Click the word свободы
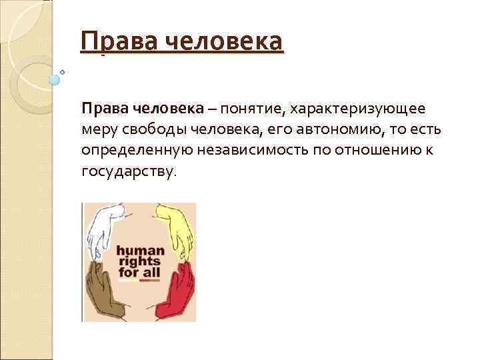point(151,129)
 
